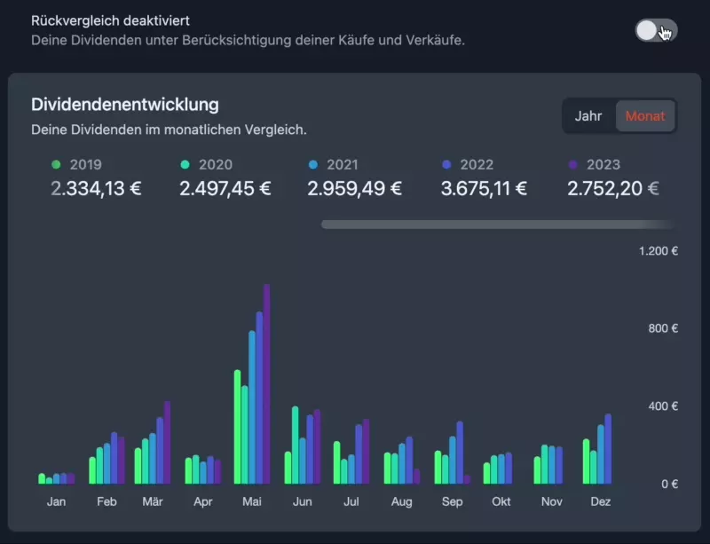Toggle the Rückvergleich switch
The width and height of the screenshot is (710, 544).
pos(656,30)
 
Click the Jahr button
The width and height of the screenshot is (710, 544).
pos(588,116)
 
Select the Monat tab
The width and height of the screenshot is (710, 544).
pos(645,116)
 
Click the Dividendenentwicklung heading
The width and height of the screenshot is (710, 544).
pos(124,105)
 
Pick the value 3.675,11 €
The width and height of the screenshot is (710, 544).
pos(484,188)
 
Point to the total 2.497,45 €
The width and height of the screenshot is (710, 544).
pos(225,188)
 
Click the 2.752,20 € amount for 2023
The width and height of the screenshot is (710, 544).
pos(612,188)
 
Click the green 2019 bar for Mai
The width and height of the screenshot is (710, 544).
pos(237,427)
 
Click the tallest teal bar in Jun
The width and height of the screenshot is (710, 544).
pos(295,445)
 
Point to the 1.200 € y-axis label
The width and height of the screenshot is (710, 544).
pos(659,251)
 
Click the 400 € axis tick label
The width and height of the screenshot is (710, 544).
pos(661,406)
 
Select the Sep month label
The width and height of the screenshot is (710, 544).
pos(452,501)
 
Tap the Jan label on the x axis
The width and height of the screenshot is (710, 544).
pos(56,501)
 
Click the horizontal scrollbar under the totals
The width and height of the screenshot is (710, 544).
pos(497,225)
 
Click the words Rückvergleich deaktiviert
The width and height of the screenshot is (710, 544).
pos(110,20)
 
